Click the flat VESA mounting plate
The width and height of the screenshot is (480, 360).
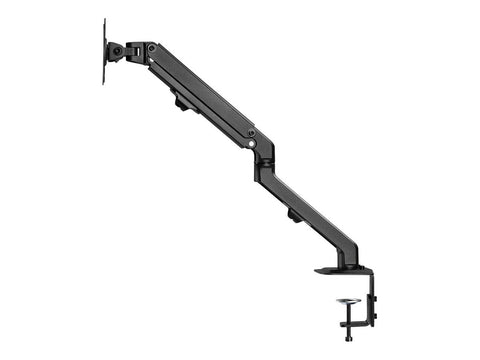[x=105, y=50]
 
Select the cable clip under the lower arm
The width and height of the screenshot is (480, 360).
[x=293, y=214]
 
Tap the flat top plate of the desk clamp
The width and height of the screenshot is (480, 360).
[x=340, y=270]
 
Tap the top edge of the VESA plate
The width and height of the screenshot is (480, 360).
[x=105, y=19]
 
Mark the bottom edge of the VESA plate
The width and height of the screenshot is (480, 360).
[x=105, y=83]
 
